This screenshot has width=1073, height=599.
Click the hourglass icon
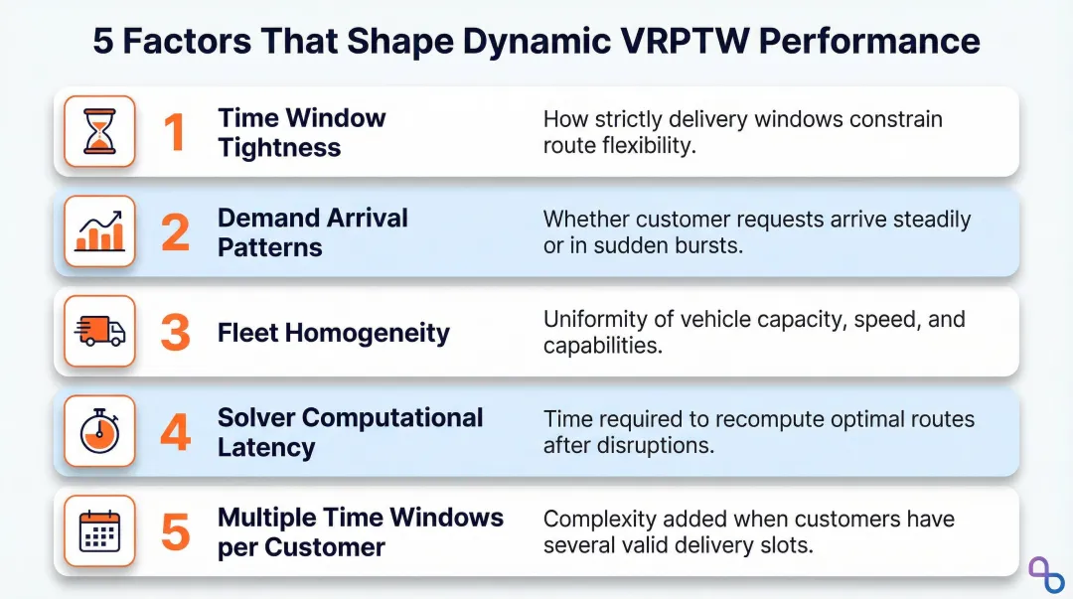point(99,131)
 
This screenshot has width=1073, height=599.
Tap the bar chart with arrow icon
point(99,231)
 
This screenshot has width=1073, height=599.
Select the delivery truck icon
point(99,332)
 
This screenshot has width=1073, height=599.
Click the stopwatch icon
point(99,432)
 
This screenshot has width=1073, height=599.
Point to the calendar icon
point(99,531)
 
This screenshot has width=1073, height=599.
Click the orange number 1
point(175,132)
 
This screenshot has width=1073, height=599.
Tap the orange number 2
point(175,232)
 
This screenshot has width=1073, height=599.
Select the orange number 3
point(175,333)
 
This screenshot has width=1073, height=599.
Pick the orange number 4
point(175,433)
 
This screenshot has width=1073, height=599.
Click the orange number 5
point(175,532)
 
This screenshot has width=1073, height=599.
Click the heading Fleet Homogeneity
point(333,333)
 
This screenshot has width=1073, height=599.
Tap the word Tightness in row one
point(278,148)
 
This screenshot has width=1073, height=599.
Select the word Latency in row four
point(265,448)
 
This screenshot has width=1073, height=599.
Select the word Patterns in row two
point(269,247)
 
